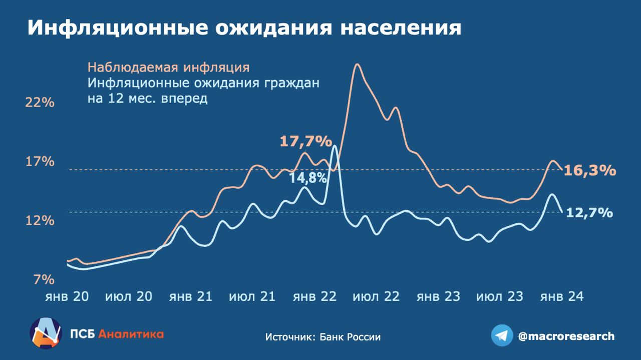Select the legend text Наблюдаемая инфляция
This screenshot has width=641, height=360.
tap(168, 67)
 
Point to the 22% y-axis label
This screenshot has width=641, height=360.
tap(40, 103)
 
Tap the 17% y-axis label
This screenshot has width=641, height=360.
tap(40, 161)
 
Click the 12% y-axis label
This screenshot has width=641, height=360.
tap(40, 220)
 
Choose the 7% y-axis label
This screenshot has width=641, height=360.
tap(44, 279)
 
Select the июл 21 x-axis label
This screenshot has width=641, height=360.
tap(252, 296)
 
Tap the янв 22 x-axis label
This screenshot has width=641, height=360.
tap(314, 296)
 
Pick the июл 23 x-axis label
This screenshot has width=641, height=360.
tap(500, 296)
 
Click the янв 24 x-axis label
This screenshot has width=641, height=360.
tap(561, 296)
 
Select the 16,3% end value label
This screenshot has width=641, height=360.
tap(589, 171)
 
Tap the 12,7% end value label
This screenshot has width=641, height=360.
tap(589, 213)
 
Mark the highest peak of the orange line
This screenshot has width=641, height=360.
tap(357, 64)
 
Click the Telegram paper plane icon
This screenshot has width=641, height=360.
tap(501, 335)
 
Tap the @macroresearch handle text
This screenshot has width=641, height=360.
tap(566, 336)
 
